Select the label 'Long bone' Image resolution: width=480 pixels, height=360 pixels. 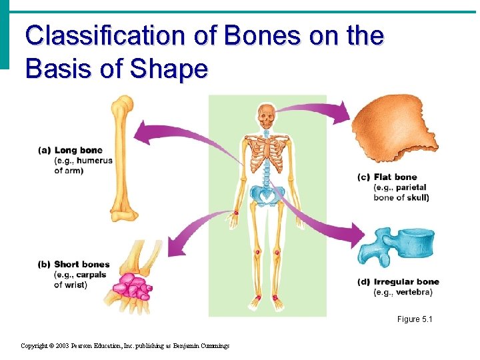point(78,151)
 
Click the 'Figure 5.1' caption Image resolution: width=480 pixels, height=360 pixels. point(415,319)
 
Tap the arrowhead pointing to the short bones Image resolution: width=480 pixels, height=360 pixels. point(172,241)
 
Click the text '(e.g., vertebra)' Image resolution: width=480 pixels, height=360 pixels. point(403,293)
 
